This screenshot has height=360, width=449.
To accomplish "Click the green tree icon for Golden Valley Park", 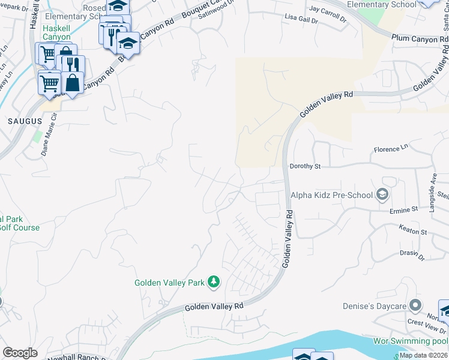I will (213, 281).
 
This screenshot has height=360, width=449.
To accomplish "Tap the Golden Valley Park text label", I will (169, 282).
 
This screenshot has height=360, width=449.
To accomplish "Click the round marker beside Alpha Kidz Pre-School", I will (381, 194).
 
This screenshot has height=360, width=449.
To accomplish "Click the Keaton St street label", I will (412, 230).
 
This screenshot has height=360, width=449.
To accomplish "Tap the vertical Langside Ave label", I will (432, 193).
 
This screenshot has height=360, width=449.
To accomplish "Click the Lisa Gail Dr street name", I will (301, 19).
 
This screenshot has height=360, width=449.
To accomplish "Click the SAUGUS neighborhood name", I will (25, 121).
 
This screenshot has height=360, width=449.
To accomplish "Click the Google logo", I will (20, 353).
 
